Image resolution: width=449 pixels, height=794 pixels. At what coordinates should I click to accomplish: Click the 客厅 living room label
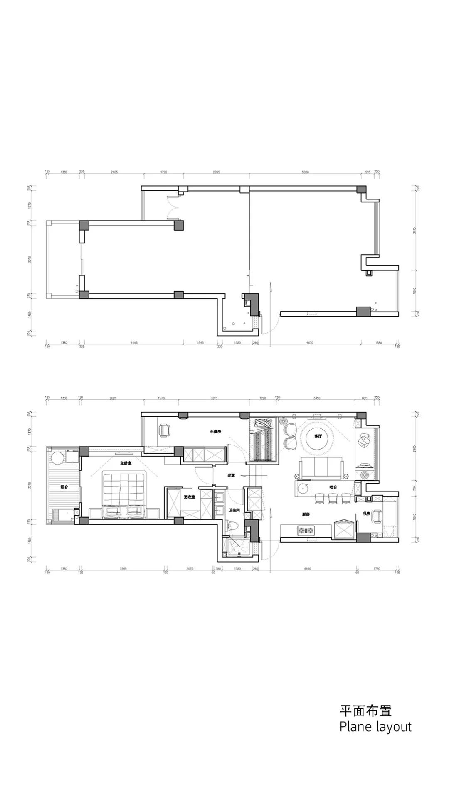click(x=318, y=436)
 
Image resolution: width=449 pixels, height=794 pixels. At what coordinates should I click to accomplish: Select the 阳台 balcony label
click(x=64, y=487)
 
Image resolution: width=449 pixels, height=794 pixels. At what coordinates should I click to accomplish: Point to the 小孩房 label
click(x=215, y=432)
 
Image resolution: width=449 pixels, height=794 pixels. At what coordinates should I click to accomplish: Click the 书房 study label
click(x=366, y=514)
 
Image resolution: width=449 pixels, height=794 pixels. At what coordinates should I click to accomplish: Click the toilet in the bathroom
click(x=232, y=526)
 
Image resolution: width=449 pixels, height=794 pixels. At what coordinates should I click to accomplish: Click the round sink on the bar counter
click(x=304, y=488)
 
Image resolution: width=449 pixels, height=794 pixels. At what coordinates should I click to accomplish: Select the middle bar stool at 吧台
click(x=332, y=497)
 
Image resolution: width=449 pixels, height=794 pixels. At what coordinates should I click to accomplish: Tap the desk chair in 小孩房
click(x=165, y=430)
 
